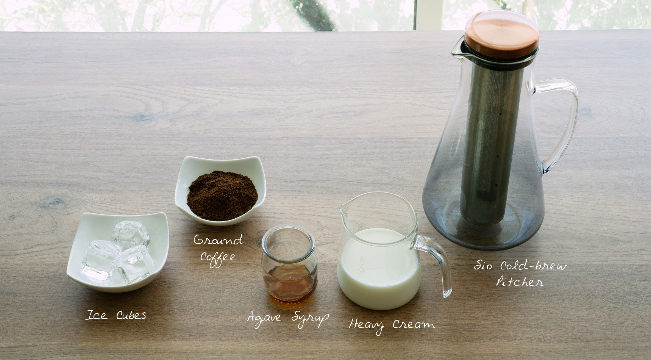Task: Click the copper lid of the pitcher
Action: pyautogui.click(x=501, y=34)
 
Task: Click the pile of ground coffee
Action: pyautogui.click(x=222, y=196)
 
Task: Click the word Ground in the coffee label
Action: pyautogui.click(x=219, y=240)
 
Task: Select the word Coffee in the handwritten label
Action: pyautogui.click(x=219, y=258)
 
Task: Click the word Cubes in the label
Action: pyautogui.click(x=131, y=315)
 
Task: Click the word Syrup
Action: pyautogui.click(x=310, y=318)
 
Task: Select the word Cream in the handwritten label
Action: pyautogui.click(x=414, y=324)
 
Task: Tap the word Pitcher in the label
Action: pyautogui.click(x=520, y=282)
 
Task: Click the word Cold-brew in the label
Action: pyautogui.click(x=534, y=265)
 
